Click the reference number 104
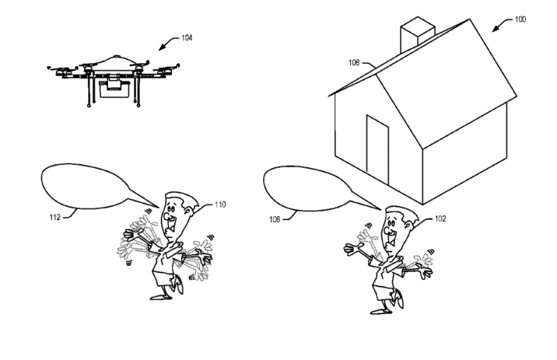click(187, 38)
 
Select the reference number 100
click(520, 19)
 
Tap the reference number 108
click(354, 63)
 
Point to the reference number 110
click(220, 205)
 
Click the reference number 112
click(55, 217)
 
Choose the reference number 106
click(274, 219)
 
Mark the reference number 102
click(440, 219)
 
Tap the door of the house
click(377, 149)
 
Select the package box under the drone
click(113, 89)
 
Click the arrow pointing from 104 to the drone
click(168, 42)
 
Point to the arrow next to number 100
click(502, 24)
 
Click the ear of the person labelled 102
click(408, 226)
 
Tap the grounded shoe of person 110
click(160, 297)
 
